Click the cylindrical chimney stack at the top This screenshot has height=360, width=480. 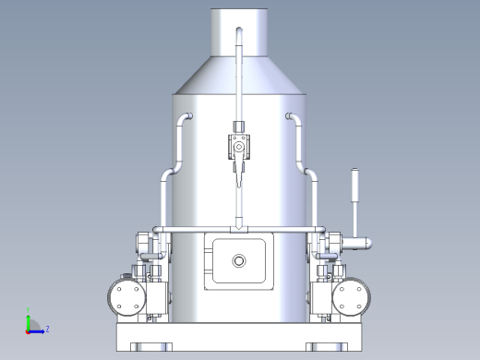tap(240, 32)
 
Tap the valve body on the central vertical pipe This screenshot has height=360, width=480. tap(239, 146)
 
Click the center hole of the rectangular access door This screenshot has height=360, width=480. tap(240, 261)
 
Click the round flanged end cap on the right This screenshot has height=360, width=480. tap(352, 297)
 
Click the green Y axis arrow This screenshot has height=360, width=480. tap(29, 316)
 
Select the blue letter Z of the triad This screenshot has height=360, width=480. tap(47, 329)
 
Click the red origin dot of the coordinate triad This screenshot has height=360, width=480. tap(29, 330)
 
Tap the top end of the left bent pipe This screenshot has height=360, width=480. tap(189, 115)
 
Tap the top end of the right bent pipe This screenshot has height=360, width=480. tap(289, 115)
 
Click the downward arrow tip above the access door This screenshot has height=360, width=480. tap(239, 228)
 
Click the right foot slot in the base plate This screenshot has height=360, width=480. tap(329, 347)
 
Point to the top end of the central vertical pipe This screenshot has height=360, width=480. tap(239, 31)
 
